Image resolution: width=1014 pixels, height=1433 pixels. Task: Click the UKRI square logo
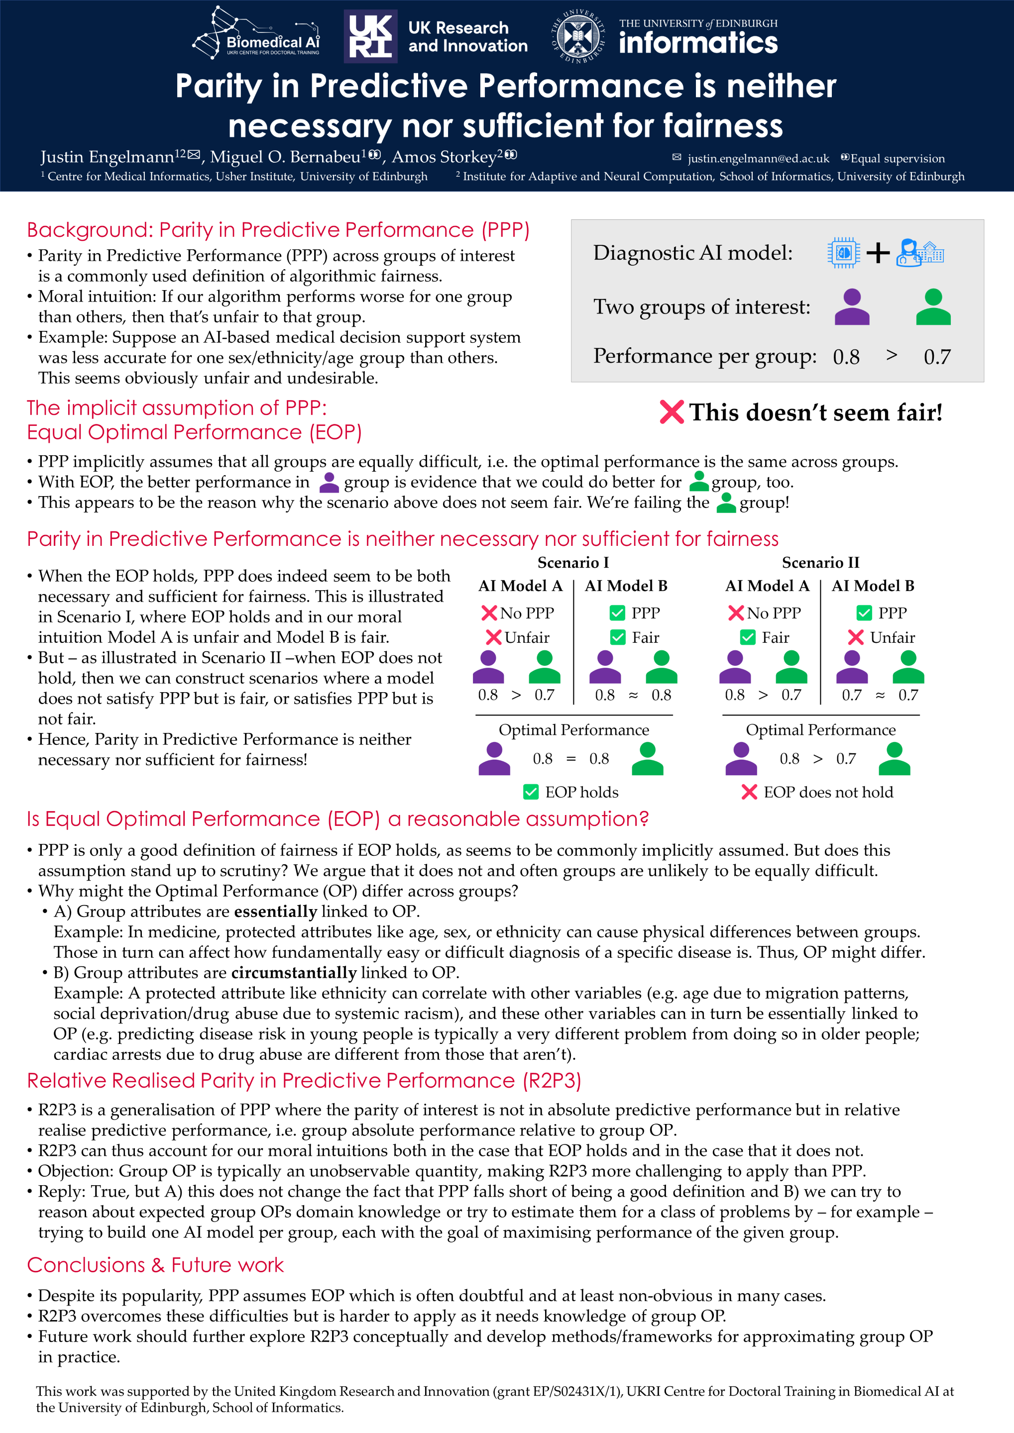click(x=370, y=36)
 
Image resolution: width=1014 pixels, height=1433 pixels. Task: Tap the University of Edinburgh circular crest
click(x=578, y=36)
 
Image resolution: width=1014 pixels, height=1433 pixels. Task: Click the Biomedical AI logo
click(x=256, y=34)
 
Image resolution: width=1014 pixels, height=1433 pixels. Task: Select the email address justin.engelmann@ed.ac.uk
click(x=758, y=159)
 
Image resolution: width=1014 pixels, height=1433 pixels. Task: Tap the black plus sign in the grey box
click(x=878, y=253)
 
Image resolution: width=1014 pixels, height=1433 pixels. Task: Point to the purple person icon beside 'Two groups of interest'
click(x=852, y=307)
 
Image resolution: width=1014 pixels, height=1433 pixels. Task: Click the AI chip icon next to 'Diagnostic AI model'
click(x=844, y=253)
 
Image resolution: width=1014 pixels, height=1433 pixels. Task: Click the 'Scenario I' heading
click(x=572, y=562)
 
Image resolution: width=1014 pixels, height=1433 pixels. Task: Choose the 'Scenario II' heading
click(x=820, y=562)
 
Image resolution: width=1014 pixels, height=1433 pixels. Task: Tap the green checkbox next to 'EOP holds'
click(x=531, y=792)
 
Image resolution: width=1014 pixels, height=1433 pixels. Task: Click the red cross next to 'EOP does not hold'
click(x=749, y=792)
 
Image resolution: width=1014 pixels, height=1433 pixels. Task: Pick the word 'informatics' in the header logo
click(x=698, y=43)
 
